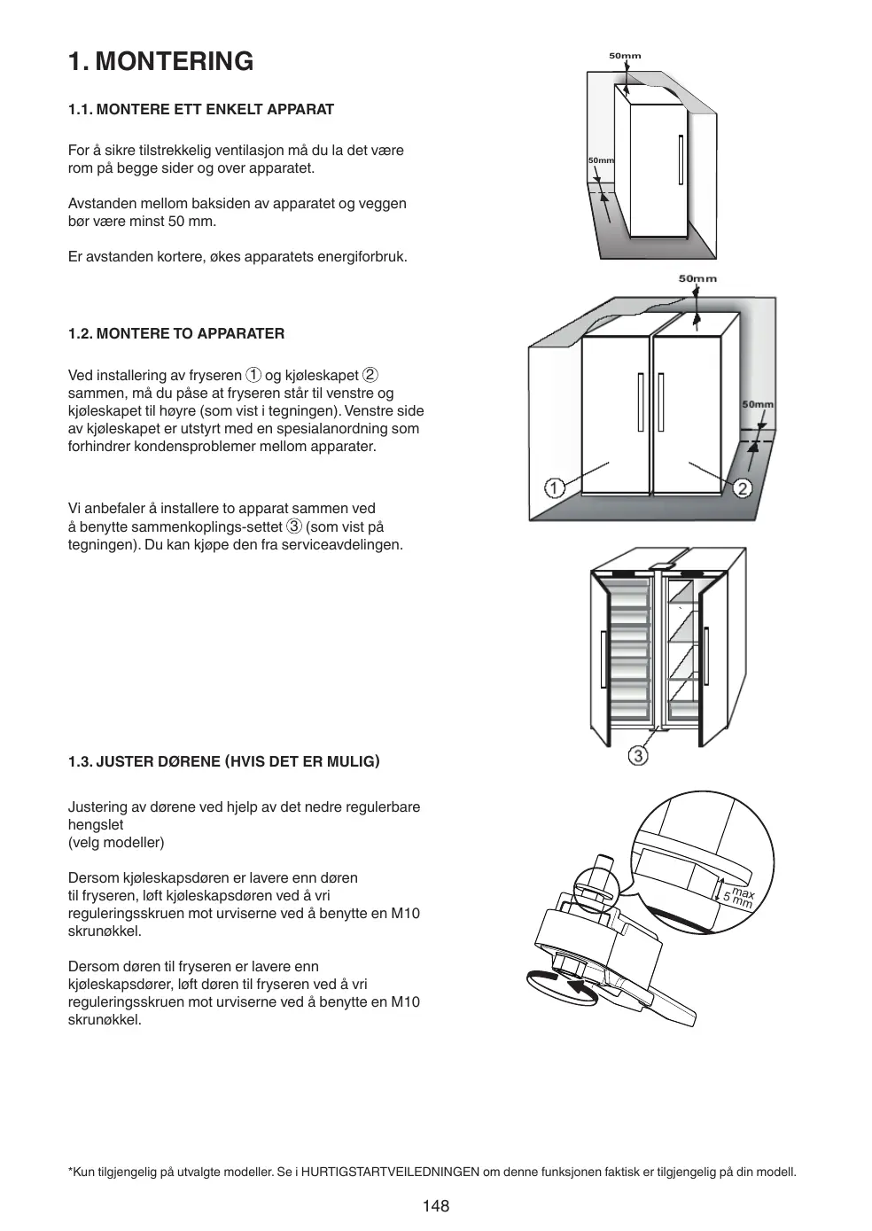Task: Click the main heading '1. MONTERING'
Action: (160, 61)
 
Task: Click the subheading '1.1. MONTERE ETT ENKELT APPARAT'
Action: (201, 109)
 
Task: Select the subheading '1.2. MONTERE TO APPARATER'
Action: (176, 334)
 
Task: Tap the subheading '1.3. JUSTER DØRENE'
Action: (223, 761)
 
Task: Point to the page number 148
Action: (436, 1205)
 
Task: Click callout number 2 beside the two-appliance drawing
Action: (743, 487)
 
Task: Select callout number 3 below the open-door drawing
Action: (638, 755)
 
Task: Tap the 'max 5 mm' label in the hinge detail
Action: (738, 898)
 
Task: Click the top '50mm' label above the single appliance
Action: (625, 56)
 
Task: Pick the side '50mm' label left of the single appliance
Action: (601, 160)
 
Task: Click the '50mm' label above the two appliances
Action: (697, 278)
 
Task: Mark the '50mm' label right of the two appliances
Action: (758, 404)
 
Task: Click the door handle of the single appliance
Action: (681, 160)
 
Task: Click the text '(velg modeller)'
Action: (116, 842)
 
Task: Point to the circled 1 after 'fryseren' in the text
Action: (253, 376)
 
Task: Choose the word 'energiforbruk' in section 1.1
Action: (363, 257)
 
